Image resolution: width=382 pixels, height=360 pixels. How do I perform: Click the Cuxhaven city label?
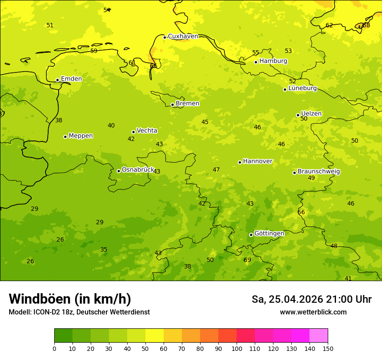(x=183, y=36)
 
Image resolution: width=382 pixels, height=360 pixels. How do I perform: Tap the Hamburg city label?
(x=273, y=61)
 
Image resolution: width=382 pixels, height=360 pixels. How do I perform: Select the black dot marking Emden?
(x=57, y=80)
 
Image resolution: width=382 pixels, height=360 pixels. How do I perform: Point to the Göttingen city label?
(x=269, y=233)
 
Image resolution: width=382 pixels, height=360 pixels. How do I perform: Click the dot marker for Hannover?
(x=240, y=162)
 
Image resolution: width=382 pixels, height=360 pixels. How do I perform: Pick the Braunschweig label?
(x=319, y=171)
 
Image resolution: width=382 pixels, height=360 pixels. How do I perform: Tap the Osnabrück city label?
(x=138, y=170)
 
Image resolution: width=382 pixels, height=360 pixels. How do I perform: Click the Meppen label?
(x=81, y=136)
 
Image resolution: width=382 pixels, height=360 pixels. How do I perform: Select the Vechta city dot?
(x=133, y=132)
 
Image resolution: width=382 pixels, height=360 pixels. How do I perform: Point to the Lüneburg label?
(x=303, y=88)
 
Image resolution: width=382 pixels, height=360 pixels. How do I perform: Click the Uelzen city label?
(x=311, y=114)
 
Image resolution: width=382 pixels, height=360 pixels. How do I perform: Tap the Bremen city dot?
(x=172, y=105)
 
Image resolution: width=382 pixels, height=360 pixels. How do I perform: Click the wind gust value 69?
(x=247, y=260)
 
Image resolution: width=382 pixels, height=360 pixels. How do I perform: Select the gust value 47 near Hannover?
(x=216, y=170)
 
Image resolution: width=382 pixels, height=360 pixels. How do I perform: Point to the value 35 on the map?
(x=104, y=250)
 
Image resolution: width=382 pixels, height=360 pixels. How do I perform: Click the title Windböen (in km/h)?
(x=70, y=299)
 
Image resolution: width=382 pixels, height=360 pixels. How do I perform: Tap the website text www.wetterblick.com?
(x=313, y=312)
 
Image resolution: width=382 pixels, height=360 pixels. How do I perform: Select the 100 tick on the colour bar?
(x=237, y=348)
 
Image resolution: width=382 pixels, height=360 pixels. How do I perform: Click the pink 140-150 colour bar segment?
(x=319, y=336)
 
